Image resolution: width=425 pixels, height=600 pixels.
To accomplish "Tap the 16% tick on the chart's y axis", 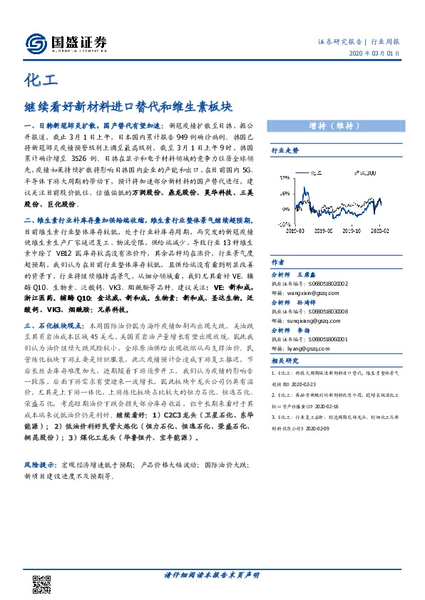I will (x=285, y=192).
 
